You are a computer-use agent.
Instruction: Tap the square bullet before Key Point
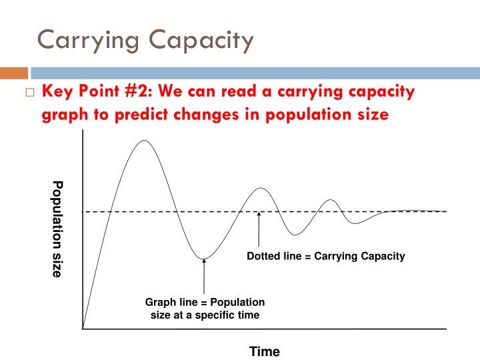29,92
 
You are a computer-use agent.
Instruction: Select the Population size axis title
57,229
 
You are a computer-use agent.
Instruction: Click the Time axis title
265,351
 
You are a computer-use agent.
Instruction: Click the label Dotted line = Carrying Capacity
326,256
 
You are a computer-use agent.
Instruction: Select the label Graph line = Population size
205,309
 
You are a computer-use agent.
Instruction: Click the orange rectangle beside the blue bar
15,73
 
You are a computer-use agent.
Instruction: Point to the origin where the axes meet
83,329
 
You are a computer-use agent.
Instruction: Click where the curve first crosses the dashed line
109,211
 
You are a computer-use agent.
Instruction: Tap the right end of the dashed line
445,211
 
